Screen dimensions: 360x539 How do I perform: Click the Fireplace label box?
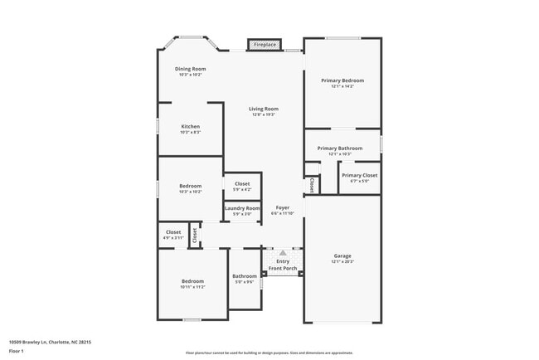[265, 44]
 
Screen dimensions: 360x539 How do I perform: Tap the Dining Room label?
[190, 69]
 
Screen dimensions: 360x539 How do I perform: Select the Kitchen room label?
[191, 126]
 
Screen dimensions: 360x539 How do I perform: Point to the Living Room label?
[265, 109]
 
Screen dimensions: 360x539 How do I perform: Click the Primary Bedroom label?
[342, 80]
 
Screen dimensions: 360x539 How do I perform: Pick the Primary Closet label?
[359, 175]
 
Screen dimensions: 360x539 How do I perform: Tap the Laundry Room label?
[242, 208]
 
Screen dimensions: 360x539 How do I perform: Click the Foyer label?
[283, 207]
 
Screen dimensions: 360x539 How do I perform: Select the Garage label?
[342, 255]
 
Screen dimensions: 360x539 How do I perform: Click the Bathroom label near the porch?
[245, 276]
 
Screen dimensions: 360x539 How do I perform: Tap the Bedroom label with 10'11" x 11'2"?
[192, 282]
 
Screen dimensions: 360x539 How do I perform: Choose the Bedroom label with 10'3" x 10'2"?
[191, 186]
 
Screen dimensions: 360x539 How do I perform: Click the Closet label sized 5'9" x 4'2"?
[242, 183]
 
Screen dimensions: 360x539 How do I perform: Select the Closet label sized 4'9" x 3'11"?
[173, 232]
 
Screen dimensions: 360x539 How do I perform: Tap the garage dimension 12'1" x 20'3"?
[342, 261]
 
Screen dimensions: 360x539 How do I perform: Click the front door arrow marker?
[283, 252]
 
